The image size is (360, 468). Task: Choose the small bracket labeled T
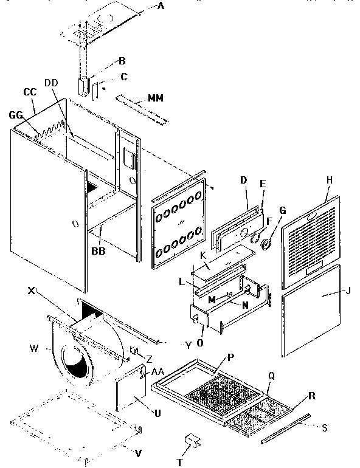click(193, 439)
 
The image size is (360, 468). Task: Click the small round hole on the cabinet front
click(74, 224)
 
